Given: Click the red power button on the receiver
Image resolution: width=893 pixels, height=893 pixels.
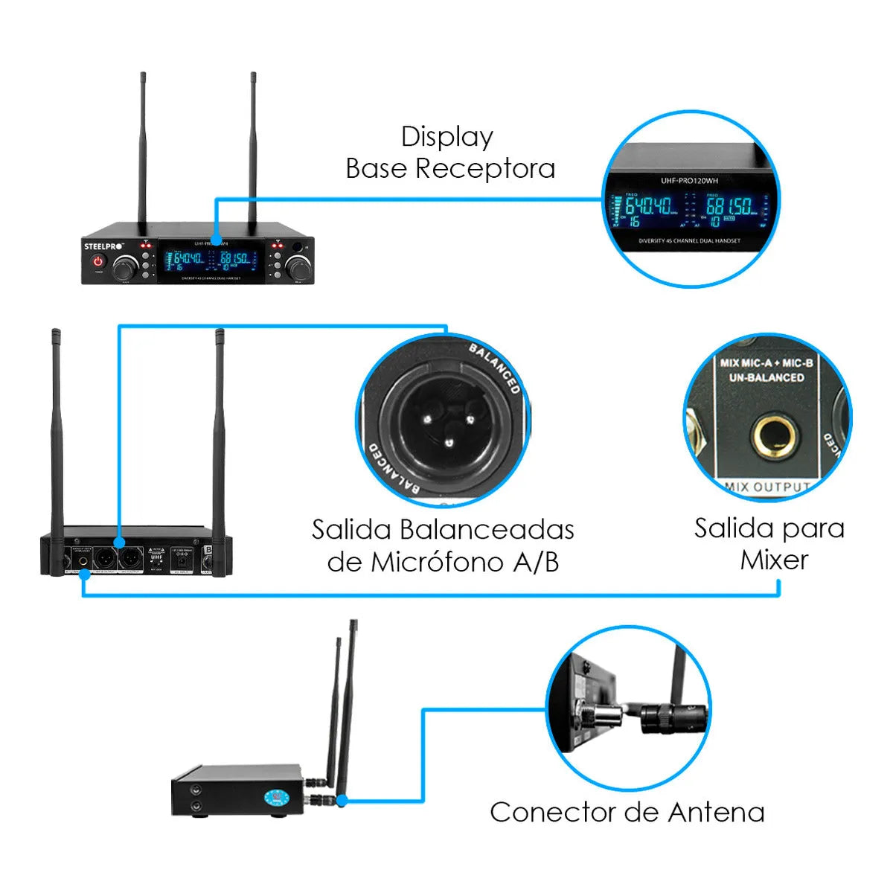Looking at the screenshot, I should point(97,261).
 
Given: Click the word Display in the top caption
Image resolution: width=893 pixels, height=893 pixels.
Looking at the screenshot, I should point(446,137).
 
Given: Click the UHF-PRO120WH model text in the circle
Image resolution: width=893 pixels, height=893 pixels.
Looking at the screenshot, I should point(690,180).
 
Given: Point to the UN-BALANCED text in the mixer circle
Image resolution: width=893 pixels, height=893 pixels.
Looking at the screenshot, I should point(766,377).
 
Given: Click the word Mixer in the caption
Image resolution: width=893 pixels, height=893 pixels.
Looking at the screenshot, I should point(774,560).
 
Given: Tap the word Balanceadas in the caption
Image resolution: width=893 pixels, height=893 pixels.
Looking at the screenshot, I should point(487,530).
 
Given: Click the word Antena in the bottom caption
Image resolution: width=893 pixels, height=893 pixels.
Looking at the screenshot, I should point(716,812).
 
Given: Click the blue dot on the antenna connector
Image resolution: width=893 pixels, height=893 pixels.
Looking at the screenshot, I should point(342,801).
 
